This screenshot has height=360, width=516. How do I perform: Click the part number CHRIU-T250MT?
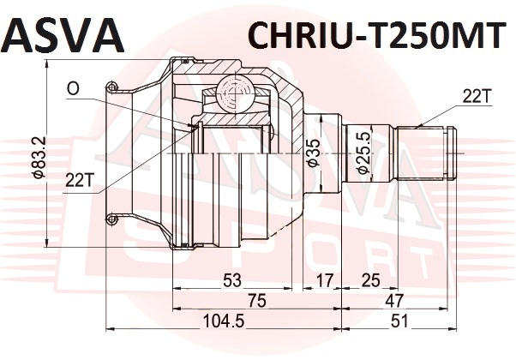pos(376,35)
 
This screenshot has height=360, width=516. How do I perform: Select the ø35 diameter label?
pos(314,153)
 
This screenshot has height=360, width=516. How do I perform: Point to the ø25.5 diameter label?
pos(363,153)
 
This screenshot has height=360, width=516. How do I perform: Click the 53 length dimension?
pos(232,280)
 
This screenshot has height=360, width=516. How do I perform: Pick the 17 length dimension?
pos(325,280)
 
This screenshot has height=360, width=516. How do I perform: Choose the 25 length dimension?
pos(371,280)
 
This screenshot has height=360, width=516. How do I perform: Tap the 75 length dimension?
pos(256,301)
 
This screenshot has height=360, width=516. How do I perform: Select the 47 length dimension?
pos(394,301)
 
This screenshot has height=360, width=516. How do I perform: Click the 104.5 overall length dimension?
pos(224,321)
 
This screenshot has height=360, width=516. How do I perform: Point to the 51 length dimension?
pos(399,321)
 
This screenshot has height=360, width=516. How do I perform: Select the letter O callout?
pos(73,88)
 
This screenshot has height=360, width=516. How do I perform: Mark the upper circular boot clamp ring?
pos(111,87)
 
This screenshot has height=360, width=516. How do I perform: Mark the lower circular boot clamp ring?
pos(112,219)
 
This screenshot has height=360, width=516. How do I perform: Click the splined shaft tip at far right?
pos(453,153)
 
